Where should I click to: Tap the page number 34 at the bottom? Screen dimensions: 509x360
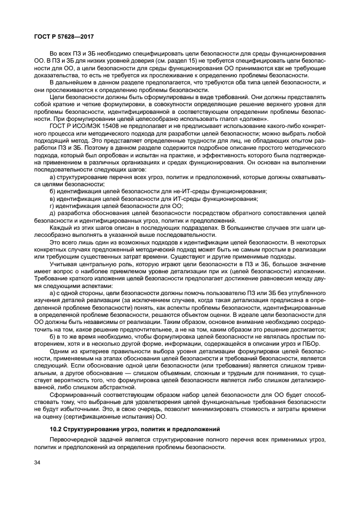click(36, 463)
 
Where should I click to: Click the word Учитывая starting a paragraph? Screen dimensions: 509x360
click(63, 264)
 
